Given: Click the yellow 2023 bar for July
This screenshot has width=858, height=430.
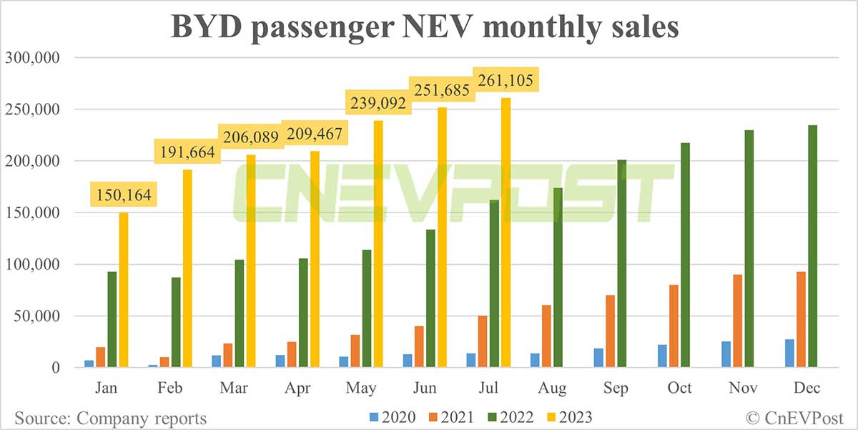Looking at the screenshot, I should tap(506, 233).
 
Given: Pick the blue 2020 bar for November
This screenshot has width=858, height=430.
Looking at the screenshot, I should tap(726, 354).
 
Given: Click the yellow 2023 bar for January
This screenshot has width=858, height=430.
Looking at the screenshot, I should tap(123, 290).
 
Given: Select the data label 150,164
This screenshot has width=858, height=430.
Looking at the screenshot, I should tap(122, 196).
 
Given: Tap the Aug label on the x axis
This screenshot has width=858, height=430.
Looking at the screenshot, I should tap(551, 388).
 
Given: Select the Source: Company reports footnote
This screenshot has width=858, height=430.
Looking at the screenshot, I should tap(111, 418).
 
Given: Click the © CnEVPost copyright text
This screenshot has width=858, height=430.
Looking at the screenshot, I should tap(794, 418).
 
